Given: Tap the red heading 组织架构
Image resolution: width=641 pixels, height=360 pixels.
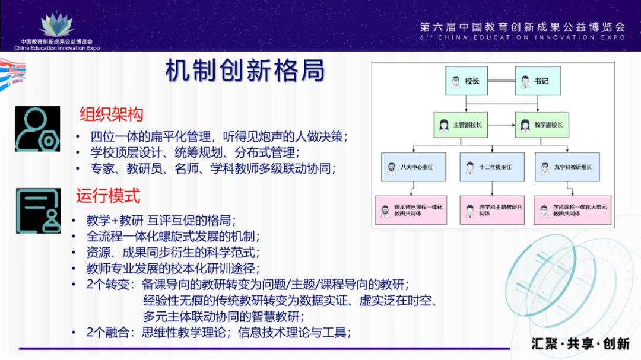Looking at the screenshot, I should [x=112, y=114].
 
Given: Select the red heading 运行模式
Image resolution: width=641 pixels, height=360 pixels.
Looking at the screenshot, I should [x=108, y=196].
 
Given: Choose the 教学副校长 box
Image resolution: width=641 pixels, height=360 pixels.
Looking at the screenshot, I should [x=539, y=126].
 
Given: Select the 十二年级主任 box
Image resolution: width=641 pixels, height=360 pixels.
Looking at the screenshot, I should [x=492, y=167].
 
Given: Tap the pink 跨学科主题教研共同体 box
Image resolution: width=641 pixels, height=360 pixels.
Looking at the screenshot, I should [x=492, y=210].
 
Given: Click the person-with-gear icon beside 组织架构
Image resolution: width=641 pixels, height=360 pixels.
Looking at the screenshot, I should [x=37, y=129].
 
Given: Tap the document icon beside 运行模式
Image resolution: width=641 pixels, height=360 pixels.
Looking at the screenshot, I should [x=38, y=211].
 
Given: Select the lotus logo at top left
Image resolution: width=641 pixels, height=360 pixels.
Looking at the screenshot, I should [x=57, y=24].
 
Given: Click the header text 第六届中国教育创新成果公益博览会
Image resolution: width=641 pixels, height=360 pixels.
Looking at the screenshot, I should [x=522, y=27].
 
